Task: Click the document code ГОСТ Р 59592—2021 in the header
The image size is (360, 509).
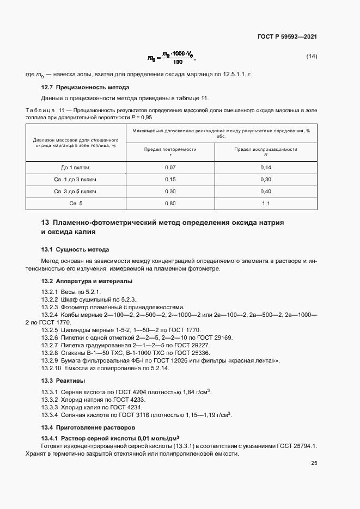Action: pyautogui.click(x=287, y=36)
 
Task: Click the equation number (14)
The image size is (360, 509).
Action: pyautogui.click(x=312, y=57)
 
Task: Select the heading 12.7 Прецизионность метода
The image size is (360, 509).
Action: pyautogui.click(x=86, y=87)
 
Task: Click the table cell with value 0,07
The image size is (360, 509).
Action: pyautogui.click(x=170, y=167)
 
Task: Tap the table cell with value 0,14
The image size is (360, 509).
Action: pyautogui.click(x=266, y=167)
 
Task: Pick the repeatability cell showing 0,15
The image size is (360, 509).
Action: pyautogui.click(x=170, y=179)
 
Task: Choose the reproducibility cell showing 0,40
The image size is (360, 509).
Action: pyautogui.click(x=266, y=191)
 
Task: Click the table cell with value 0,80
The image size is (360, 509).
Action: pyautogui.click(x=170, y=204)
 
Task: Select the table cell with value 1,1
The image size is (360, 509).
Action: pyautogui.click(x=266, y=204)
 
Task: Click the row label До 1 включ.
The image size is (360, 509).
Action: pyautogui.click(x=76, y=167)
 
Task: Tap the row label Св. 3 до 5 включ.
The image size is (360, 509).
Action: pyautogui.click(x=76, y=191)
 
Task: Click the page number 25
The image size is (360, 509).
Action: pyautogui.click(x=314, y=463)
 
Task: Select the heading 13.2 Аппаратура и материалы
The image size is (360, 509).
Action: pyautogui.click(x=87, y=281)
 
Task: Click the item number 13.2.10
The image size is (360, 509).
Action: pyautogui.click(x=53, y=368)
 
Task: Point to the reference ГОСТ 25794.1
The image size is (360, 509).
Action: pyautogui.click(x=296, y=446)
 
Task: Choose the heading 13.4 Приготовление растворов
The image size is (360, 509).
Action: pyautogui.click(x=89, y=427)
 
